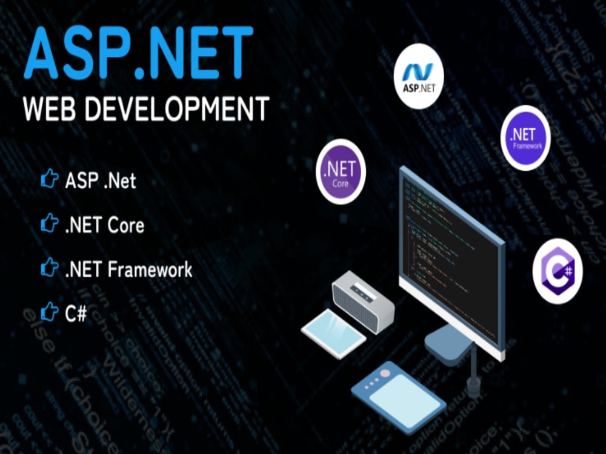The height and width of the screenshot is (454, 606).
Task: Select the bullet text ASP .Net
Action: point(101,180)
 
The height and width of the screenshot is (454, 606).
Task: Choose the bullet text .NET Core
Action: point(104,225)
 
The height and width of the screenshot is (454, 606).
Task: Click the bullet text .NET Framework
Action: point(128,269)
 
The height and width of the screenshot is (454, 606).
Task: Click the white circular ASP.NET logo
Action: point(418,75)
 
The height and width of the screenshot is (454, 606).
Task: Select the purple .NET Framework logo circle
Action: point(525,137)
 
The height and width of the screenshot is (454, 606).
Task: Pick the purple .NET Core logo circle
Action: point(341,171)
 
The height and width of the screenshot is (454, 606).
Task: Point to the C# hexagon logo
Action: point(558,271)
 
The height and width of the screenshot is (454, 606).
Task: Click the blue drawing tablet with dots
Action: point(399,394)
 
